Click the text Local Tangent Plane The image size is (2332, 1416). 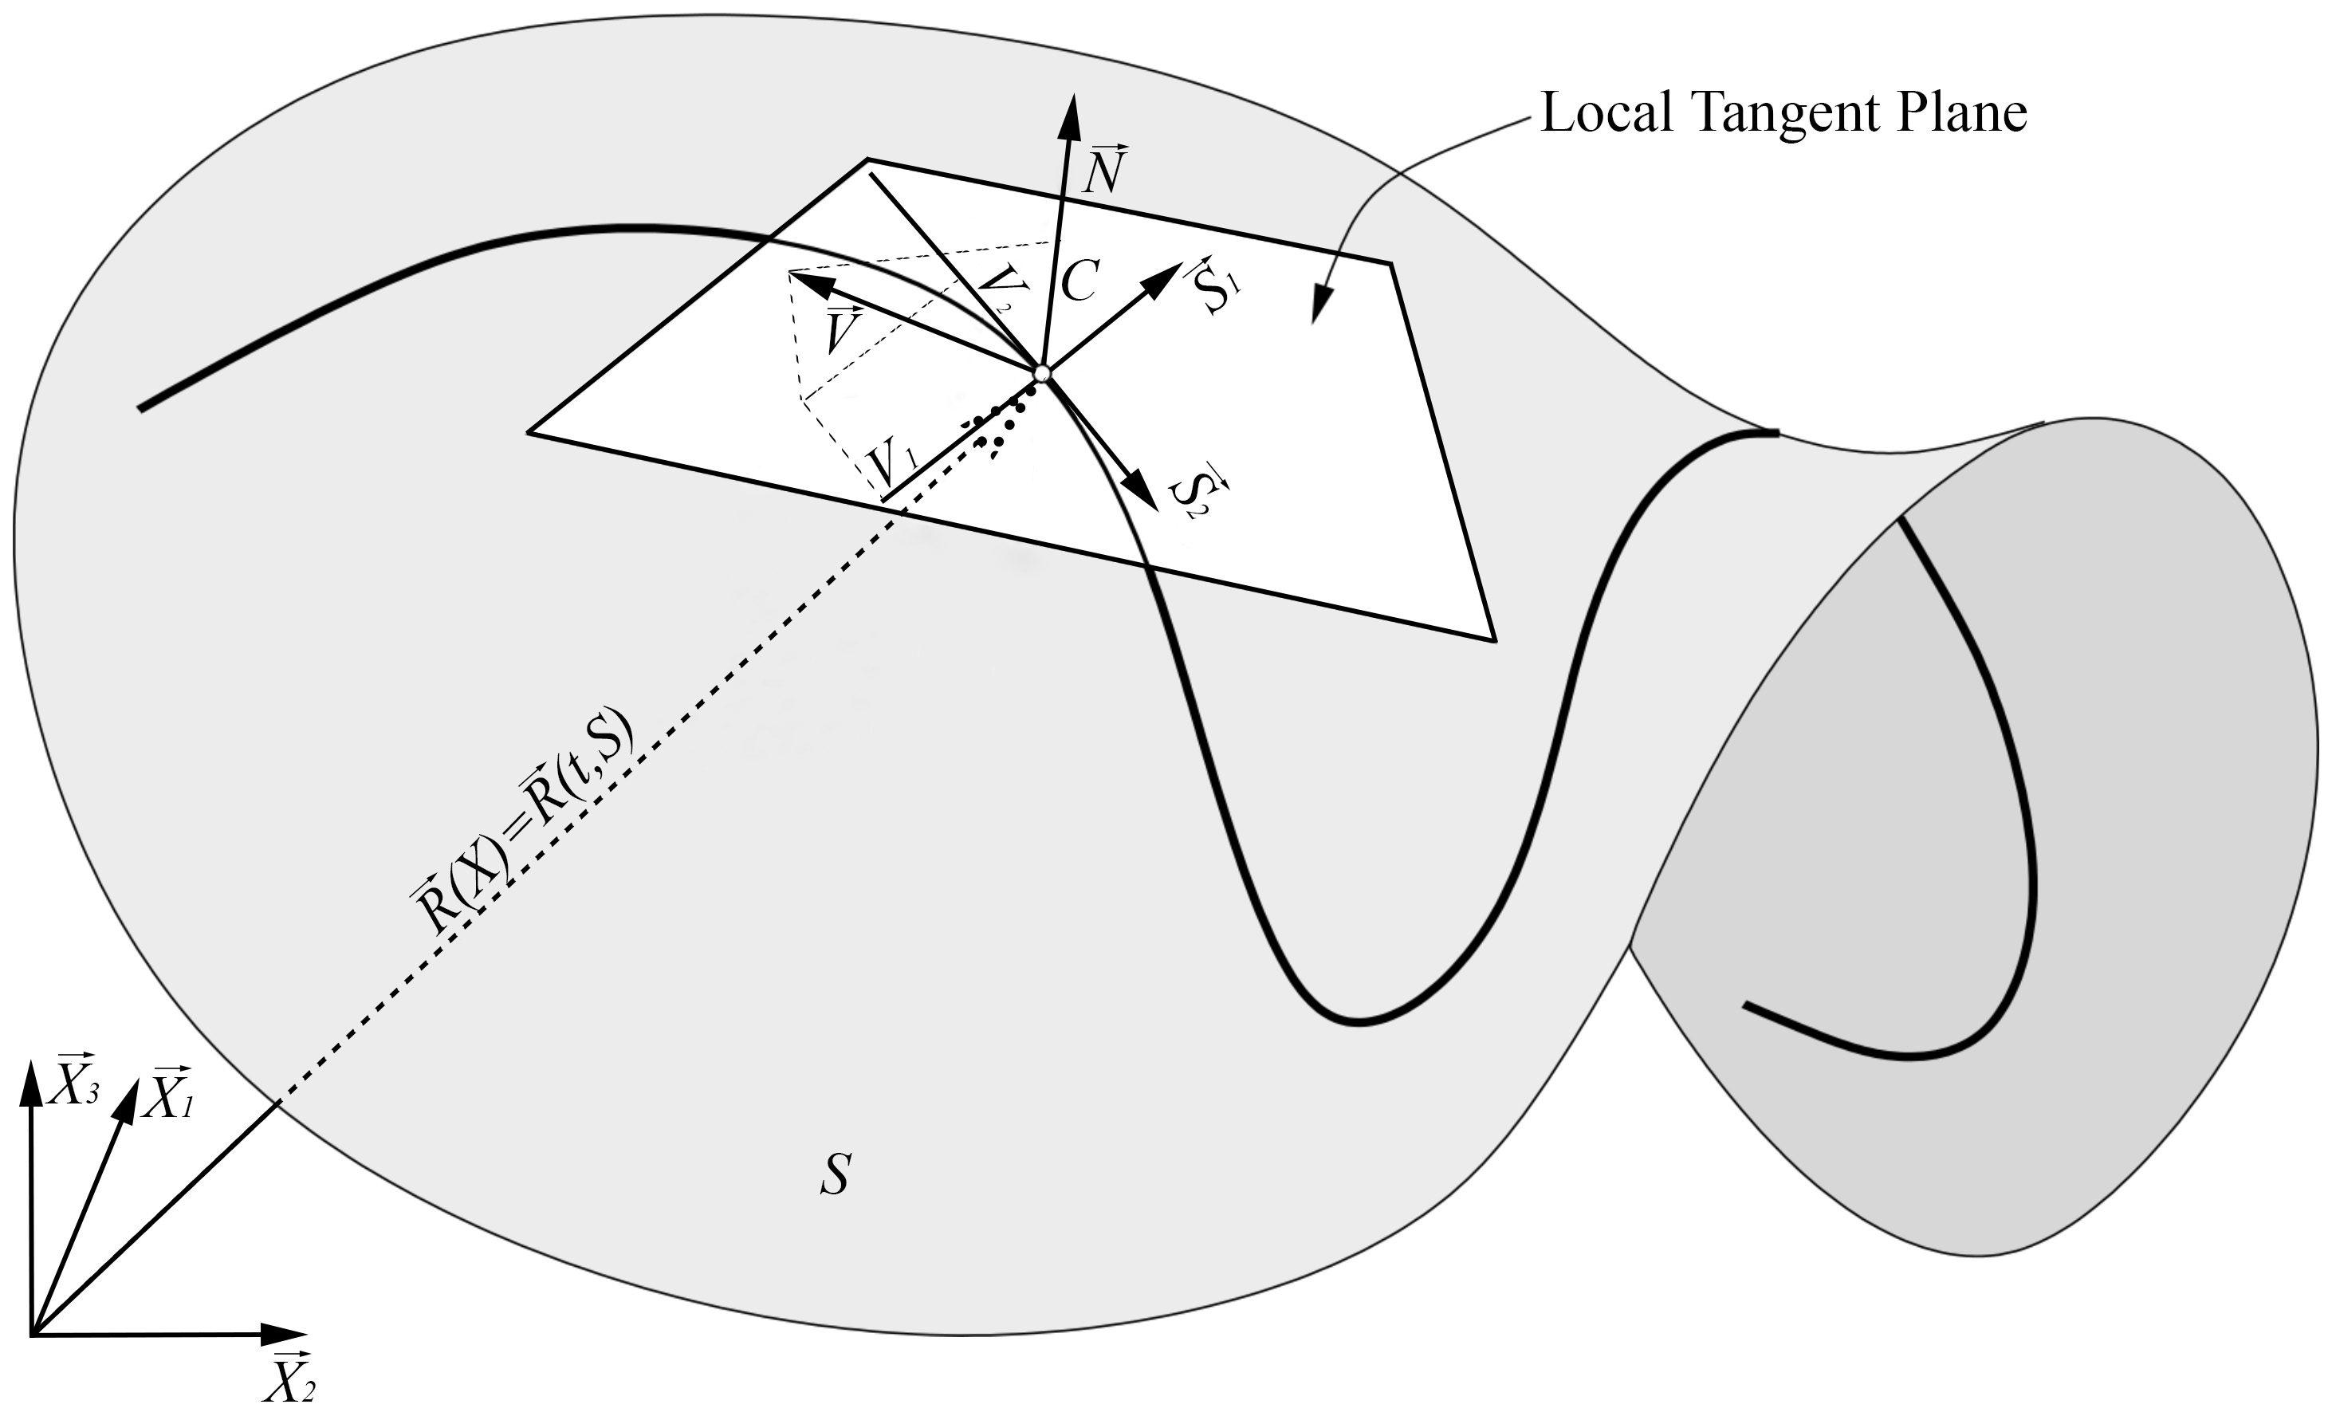pyautogui.click(x=1783, y=113)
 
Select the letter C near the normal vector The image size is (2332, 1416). pyautogui.click(x=1079, y=280)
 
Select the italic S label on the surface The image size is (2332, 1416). pyautogui.click(x=836, y=1174)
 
